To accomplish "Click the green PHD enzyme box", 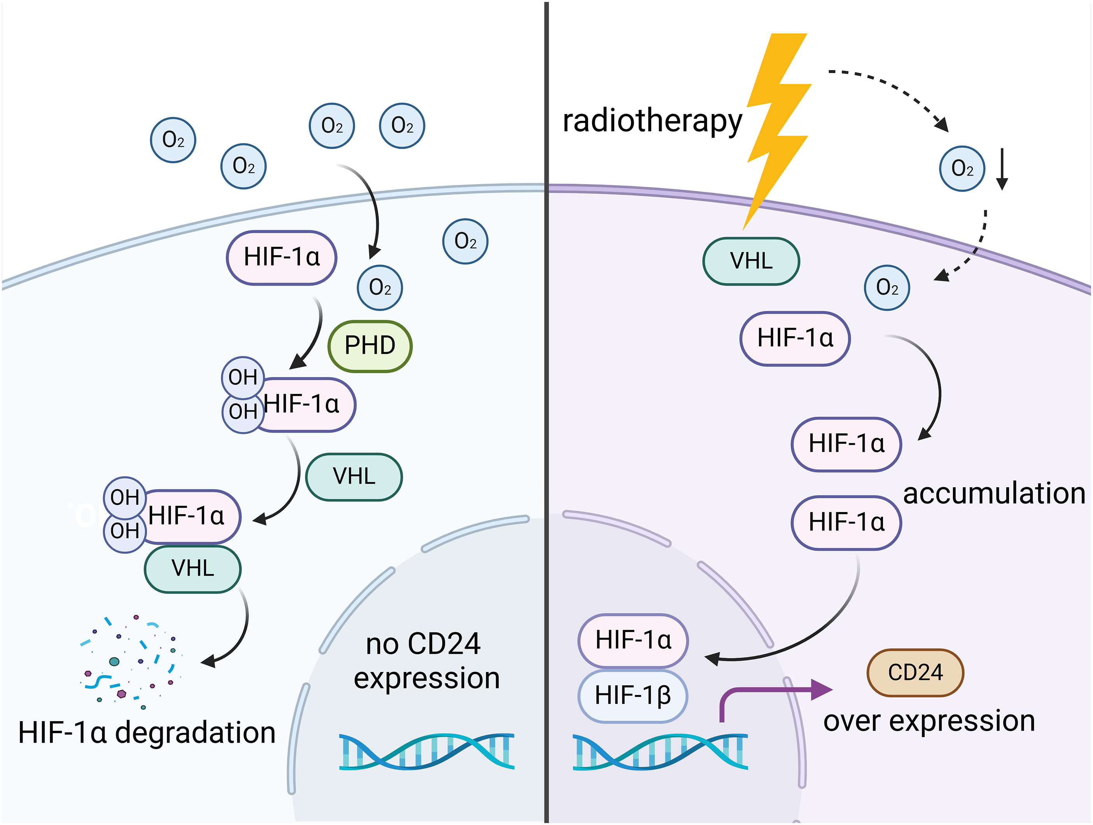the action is (370, 346).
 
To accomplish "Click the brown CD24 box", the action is (915, 673).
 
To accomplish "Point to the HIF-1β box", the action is (632, 696).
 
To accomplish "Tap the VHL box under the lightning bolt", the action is (751, 261).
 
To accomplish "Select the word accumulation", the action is (994, 493).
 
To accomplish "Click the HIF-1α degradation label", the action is (147, 732).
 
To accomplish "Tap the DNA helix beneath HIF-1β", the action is (660, 751).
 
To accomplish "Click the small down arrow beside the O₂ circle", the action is (1002, 169).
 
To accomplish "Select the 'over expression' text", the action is (929, 721).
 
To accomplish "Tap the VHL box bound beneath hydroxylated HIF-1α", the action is (193, 569).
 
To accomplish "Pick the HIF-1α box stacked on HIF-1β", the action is (633, 641).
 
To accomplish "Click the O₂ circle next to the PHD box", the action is (380, 288).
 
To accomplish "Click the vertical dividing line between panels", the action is (546, 412).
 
